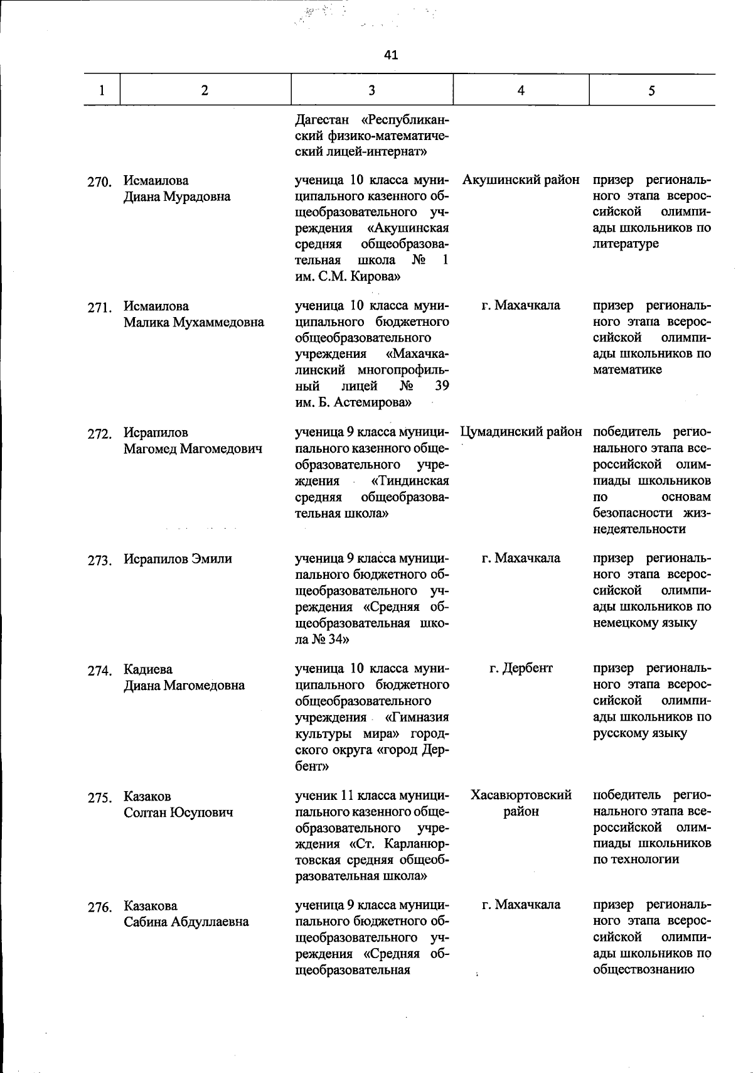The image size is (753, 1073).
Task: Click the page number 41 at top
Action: click(390, 55)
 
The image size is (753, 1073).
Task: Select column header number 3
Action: click(371, 90)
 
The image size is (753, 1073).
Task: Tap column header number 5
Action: click(651, 90)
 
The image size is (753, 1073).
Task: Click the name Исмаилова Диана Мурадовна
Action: click(176, 189)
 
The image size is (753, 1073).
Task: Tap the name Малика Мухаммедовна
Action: click(193, 323)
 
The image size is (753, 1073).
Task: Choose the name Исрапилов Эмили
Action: click(178, 559)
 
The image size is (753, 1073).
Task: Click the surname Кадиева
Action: click(147, 669)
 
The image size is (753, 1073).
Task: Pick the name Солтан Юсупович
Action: click(178, 812)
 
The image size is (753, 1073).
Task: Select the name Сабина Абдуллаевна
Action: click(186, 922)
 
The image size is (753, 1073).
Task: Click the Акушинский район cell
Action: click(521, 181)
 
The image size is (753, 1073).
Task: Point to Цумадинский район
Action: click(521, 433)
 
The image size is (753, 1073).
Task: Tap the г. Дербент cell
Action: click(521, 668)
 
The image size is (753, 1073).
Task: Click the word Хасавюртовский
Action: click(521, 795)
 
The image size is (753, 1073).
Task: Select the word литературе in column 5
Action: click(626, 244)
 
